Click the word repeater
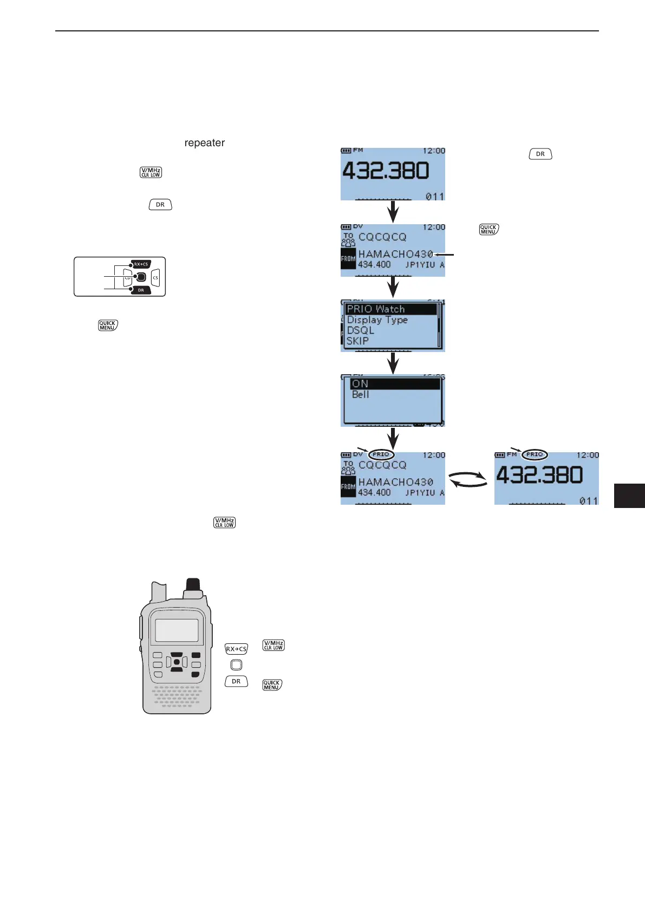pyautogui.click(x=204, y=143)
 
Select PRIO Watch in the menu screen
pyautogui.click(x=376, y=309)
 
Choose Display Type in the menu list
pyautogui.click(x=377, y=320)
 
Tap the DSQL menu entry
pyautogui.click(x=361, y=330)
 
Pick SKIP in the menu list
pyautogui.click(x=357, y=341)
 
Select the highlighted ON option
pyautogui.click(x=360, y=383)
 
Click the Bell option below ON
pyautogui.click(x=360, y=394)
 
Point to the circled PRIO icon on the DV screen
pyautogui.click(x=381, y=454)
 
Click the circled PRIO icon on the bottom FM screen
pyautogui.click(x=535, y=454)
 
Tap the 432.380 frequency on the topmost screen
pyautogui.click(x=386, y=171)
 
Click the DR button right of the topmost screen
pyautogui.click(x=540, y=154)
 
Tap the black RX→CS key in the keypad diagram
pyautogui.click(x=141, y=264)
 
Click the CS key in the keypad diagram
pyautogui.click(x=155, y=277)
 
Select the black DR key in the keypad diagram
pyautogui.click(x=141, y=290)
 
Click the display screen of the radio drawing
pyautogui.click(x=177, y=630)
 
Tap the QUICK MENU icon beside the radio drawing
pyautogui.click(x=272, y=685)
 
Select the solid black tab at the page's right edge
pyautogui.click(x=629, y=496)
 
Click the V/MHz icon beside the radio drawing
pyautogui.click(x=273, y=645)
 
